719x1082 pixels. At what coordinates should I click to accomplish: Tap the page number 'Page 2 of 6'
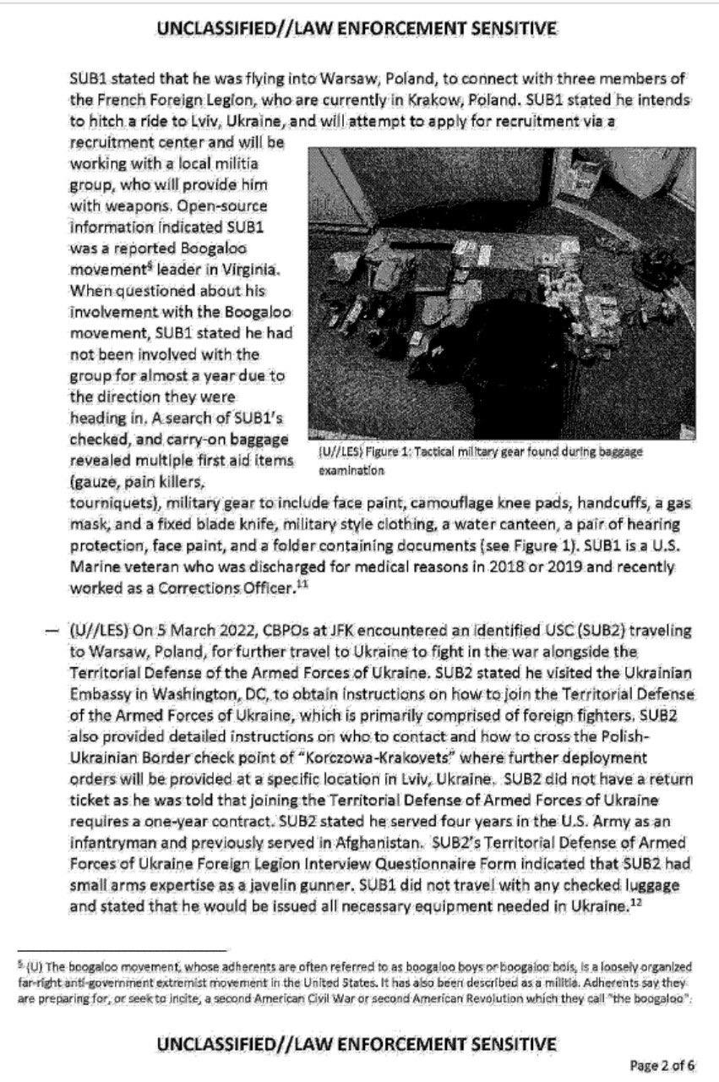[663, 1064]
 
